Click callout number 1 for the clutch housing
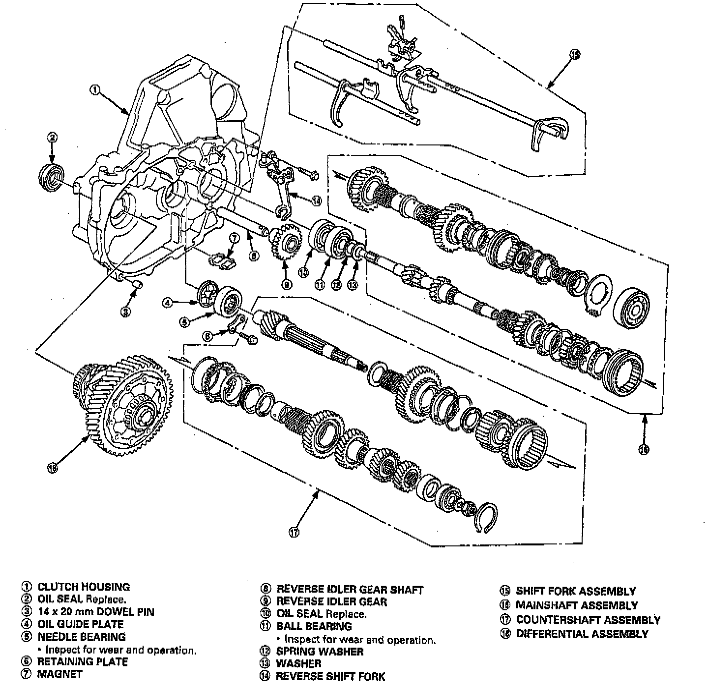coord(95,89)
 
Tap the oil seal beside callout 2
coord(51,177)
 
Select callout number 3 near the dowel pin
coord(126,312)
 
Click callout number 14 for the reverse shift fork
coord(316,200)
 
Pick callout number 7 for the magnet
coord(234,238)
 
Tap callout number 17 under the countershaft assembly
coord(294,531)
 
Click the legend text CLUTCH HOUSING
coord(84,587)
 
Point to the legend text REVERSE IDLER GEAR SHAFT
coord(350,589)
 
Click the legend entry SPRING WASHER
coord(320,652)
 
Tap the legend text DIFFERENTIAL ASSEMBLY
coord(582,634)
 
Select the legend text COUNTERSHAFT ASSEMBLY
coord(588,620)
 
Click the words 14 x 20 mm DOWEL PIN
coord(96,612)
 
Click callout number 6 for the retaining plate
coord(208,336)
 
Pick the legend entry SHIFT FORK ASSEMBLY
coord(576,591)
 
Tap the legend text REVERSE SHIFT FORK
coord(330,677)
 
